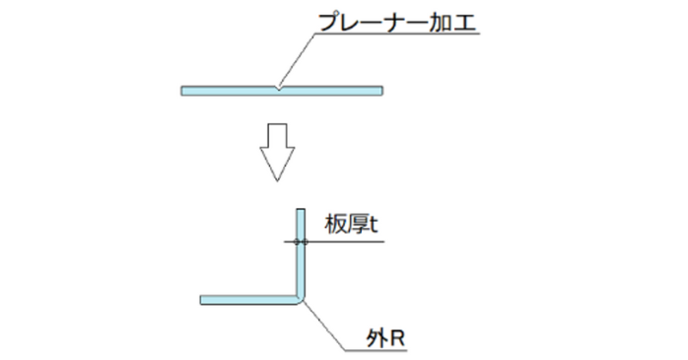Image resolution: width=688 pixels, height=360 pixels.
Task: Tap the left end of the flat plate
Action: [184, 92]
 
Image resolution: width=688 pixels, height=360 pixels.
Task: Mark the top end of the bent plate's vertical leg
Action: [302, 210]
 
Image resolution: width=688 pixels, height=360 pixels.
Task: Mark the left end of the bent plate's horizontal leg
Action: [203, 300]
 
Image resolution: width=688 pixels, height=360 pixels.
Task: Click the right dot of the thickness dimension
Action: [307, 242]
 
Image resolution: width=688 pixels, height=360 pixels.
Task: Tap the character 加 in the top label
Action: [441, 22]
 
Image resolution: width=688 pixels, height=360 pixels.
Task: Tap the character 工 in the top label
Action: [465, 22]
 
